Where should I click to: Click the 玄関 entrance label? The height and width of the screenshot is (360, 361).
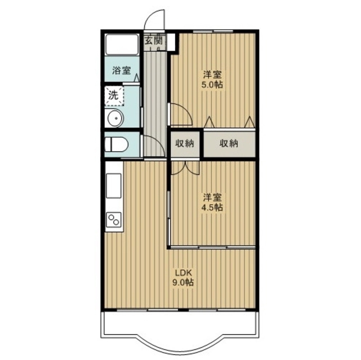pyautogui.click(x=154, y=41)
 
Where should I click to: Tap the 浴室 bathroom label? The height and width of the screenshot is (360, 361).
pyautogui.click(x=122, y=70)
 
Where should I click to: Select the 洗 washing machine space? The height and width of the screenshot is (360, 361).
pyautogui.click(x=114, y=96)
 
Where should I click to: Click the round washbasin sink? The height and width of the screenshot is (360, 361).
pyautogui.click(x=116, y=118)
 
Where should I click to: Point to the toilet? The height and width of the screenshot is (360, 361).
pyautogui.click(x=116, y=145)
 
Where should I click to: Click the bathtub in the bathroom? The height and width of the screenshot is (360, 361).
pyautogui.click(x=122, y=44)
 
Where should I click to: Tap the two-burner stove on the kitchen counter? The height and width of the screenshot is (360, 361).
pyautogui.click(x=114, y=220)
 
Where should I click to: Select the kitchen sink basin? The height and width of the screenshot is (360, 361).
pyautogui.click(x=114, y=186)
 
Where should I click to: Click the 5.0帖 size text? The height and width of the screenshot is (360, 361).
pyautogui.click(x=212, y=84)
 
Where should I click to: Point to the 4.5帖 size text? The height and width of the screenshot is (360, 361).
pyautogui.click(x=212, y=208)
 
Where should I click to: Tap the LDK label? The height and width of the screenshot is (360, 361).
pyautogui.click(x=183, y=273)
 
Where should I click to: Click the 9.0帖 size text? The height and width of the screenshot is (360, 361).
pyautogui.click(x=183, y=282)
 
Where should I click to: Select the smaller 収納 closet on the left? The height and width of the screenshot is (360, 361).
pyautogui.click(x=185, y=144)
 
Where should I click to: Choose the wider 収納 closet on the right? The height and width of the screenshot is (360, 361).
pyautogui.click(x=229, y=144)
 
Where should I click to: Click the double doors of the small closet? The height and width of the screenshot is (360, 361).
pyautogui.click(x=185, y=168)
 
